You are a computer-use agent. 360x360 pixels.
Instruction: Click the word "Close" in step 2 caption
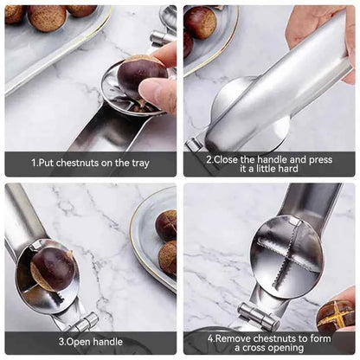227,159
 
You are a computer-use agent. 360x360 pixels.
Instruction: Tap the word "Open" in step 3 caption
74,342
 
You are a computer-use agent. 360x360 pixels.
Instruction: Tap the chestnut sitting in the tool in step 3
53,269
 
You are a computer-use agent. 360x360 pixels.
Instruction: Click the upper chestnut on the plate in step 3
166,225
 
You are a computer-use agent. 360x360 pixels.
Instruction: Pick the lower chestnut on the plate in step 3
169,258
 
